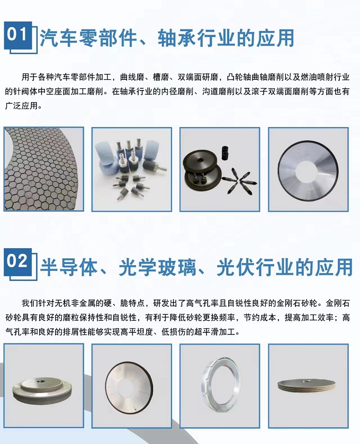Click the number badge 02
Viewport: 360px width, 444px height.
click(x=18, y=261)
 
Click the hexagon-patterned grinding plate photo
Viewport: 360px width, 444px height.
click(x=43, y=169)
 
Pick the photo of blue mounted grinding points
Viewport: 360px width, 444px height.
click(x=132, y=169)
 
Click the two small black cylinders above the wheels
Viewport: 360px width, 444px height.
click(x=225, y=153)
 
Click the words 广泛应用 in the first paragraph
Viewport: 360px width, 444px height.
click(x=21, y=106)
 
